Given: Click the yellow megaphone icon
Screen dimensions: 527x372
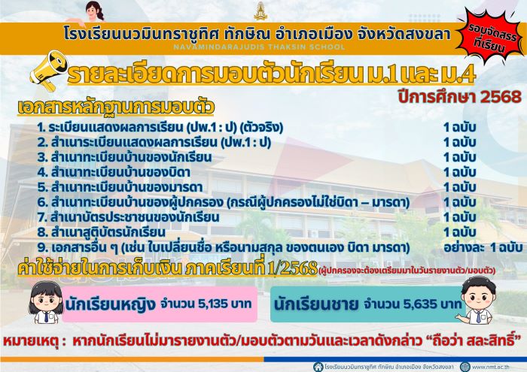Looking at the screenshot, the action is [x=48, y=71].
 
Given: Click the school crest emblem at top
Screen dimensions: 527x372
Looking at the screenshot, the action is [x=260, y=11].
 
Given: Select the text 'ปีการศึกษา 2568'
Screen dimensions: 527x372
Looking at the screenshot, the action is [x=459, y=97].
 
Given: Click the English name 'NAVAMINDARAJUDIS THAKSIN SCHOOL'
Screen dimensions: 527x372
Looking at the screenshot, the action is [x=259, y=47].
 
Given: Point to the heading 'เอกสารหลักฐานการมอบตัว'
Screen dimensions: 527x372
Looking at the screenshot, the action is [x=116, y=107].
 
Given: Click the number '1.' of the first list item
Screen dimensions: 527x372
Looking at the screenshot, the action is [x=41, y=128].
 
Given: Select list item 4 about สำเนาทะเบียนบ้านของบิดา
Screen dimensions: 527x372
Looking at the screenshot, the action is [x=114, y=172].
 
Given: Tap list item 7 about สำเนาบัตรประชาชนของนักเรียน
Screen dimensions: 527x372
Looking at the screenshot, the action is [x=129, y=217].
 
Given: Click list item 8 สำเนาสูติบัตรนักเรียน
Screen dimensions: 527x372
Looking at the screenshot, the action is [x=101, y=232].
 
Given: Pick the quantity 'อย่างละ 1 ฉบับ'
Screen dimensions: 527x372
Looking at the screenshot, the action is [x=483, y=247].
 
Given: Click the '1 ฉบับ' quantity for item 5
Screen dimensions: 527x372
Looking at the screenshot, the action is [x=459, y=187].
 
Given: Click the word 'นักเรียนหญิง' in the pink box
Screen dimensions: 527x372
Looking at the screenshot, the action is [x=110, y=304].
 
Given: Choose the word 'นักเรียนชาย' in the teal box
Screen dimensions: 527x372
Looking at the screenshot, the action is [x=316, y=304].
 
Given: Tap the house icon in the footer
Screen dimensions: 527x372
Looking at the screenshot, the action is [x=318, y=367].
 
